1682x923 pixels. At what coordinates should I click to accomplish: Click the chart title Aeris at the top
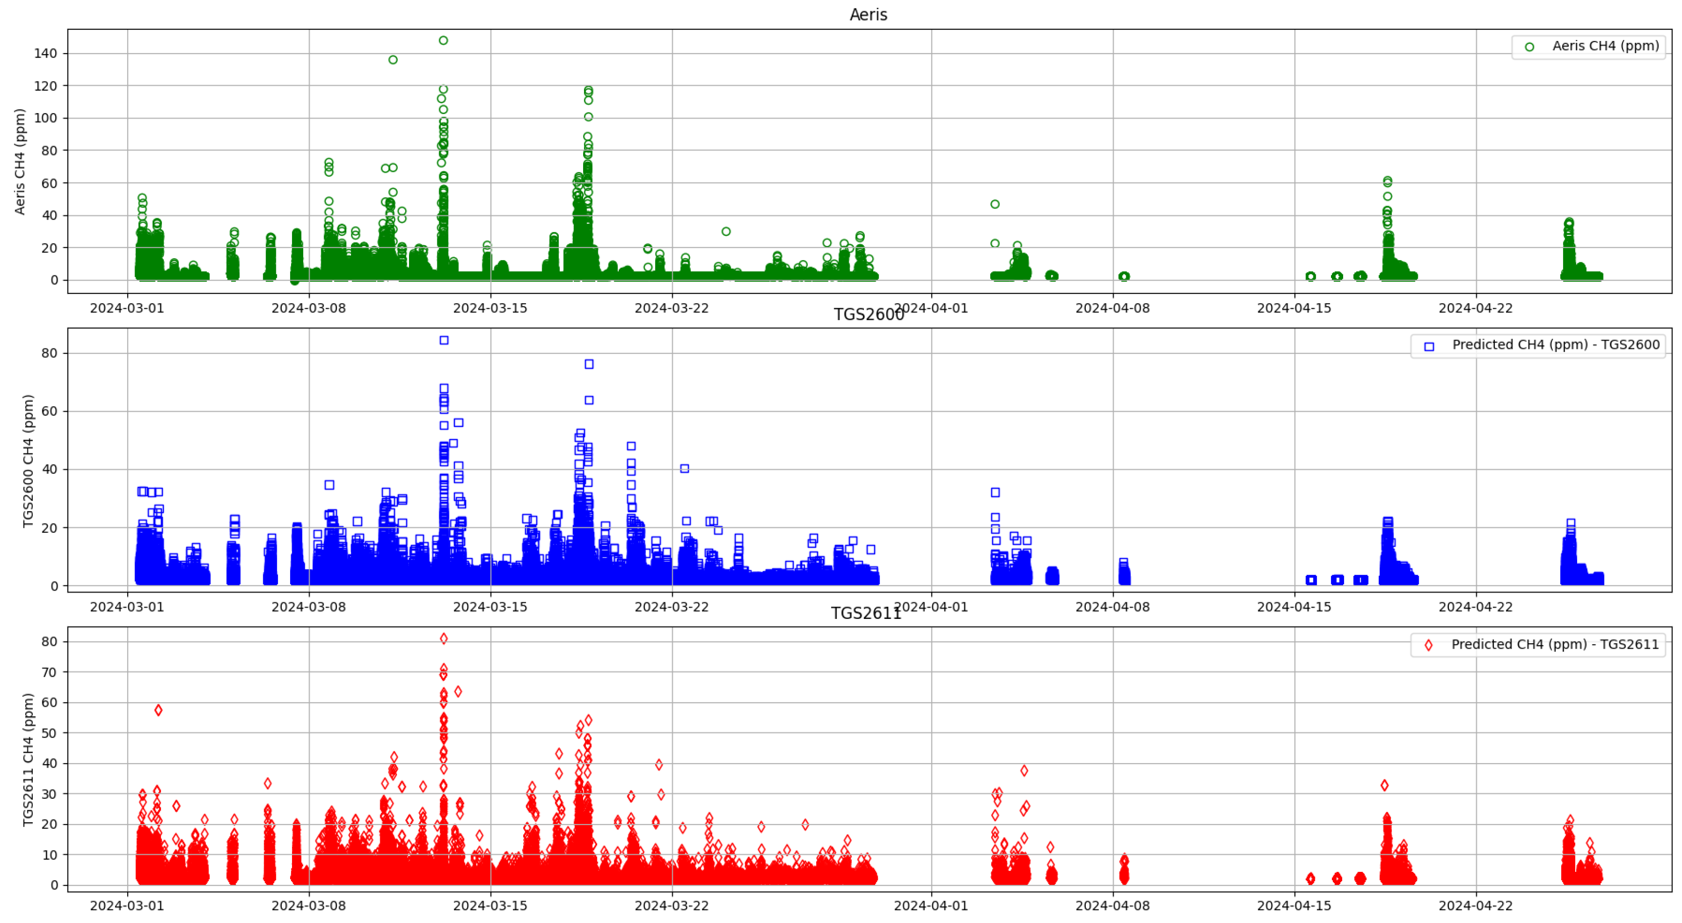point(868,14)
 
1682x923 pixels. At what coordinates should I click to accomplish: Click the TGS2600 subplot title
point(868,315)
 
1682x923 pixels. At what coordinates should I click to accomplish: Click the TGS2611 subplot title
point(866,614)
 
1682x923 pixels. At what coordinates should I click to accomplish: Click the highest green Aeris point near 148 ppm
point(443,40)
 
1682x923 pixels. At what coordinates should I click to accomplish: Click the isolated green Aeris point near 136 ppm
point(393,60)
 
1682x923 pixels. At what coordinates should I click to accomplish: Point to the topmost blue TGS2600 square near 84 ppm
point(444,340)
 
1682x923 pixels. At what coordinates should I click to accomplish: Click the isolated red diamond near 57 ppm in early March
point(158,710)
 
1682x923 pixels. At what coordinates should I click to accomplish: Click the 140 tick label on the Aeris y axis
point(46,54)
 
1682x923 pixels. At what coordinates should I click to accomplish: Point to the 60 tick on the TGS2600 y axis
point(50,411)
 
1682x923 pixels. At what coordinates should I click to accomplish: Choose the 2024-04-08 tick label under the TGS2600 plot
point(1112,607)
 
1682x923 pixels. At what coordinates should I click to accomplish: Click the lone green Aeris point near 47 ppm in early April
point(995,204)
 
